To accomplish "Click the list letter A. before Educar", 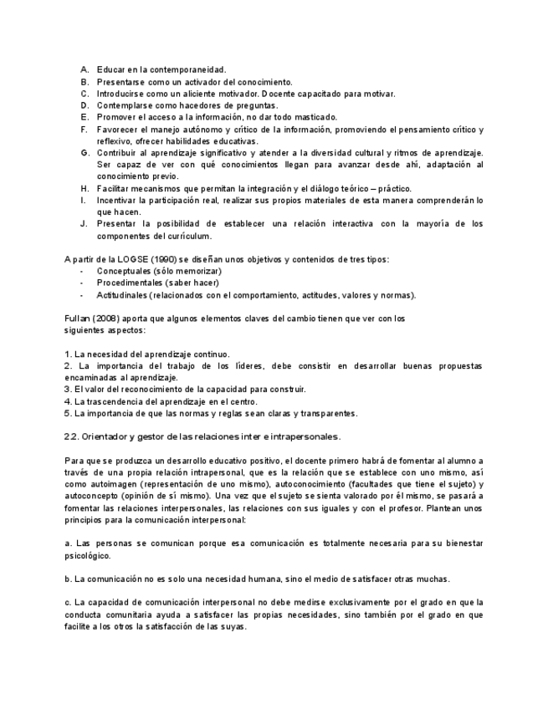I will pyautogui.click(x=85, y=69).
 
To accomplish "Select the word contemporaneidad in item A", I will pyautogui.click(x=185, y=69).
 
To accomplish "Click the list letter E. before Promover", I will pyautogui.click(x=85, y=117).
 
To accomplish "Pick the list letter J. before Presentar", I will pyautogui.click(x=84, y=223).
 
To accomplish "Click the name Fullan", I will pyautogui.click(x=77, y=319).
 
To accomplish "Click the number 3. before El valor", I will pyautogui.click(x=67, y=389).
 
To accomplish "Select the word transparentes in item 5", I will pyautogui.click(x=330, y=413).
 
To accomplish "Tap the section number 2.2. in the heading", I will pyautogui.click(x=72, y=436).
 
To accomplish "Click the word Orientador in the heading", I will pyautogui.click(x=107, y=436).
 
